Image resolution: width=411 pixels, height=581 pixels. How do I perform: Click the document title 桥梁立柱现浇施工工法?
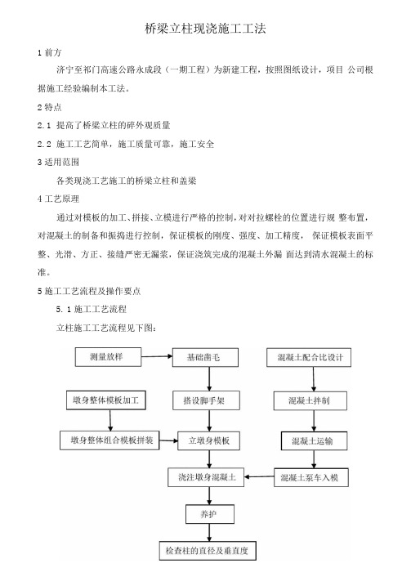205,29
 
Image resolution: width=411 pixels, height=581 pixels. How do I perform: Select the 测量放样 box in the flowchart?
108,357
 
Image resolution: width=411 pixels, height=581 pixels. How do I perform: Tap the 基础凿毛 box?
205,358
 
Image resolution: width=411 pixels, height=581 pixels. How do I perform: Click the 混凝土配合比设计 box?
309,358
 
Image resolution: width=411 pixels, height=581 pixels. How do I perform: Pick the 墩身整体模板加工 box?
106,400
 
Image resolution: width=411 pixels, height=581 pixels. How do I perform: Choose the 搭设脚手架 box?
206,400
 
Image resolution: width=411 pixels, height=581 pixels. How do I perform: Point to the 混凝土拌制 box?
310,400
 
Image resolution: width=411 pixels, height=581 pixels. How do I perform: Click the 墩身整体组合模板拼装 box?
109,440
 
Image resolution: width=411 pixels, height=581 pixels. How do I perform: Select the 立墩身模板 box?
209,440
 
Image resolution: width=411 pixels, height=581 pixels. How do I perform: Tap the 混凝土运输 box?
314,441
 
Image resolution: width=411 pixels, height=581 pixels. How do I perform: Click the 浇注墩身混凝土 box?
206,477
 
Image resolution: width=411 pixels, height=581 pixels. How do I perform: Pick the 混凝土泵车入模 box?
311,477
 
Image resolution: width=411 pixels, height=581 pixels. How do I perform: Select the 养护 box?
210,514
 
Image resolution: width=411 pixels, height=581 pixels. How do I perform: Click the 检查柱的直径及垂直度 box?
208,551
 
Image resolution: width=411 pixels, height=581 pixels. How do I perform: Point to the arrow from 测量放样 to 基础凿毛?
157,357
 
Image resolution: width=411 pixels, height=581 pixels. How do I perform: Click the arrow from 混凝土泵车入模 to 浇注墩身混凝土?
259,477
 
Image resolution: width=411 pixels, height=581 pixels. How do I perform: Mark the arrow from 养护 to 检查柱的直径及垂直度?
209,533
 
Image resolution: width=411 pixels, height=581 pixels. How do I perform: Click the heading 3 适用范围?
58,162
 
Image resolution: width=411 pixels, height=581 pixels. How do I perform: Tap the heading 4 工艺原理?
58,199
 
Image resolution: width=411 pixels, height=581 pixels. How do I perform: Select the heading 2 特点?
49,107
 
